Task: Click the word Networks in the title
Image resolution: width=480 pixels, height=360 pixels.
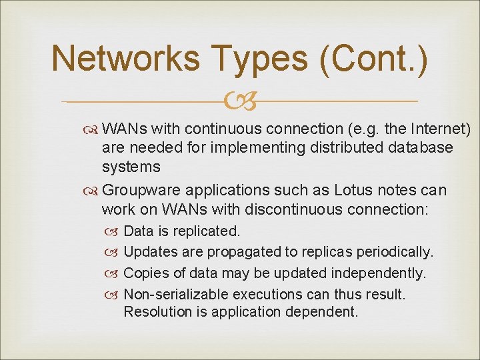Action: coord(125,59)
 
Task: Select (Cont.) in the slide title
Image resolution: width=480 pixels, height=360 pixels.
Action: coord(373,59)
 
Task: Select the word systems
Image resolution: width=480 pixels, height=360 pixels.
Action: coord(131,167)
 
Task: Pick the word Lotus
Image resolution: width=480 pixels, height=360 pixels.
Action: coord(355,191)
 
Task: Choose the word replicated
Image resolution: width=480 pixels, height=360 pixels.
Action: coord(206,231)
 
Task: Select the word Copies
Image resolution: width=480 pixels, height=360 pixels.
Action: coord(145,273)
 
